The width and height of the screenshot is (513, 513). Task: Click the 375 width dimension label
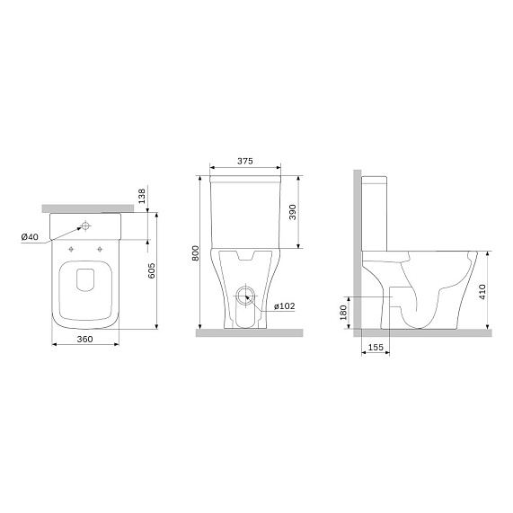245,161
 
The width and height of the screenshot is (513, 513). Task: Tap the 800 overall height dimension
195,252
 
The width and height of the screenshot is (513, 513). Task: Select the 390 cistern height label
293,212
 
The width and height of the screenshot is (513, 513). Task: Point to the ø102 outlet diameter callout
284,305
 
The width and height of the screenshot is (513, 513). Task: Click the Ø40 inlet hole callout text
30,236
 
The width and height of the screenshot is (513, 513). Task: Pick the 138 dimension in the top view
142,196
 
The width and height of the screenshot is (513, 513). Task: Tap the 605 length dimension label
152,271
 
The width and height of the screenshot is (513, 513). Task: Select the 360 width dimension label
84,340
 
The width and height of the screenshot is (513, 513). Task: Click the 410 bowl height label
482,292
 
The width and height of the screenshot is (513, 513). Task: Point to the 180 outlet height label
343,313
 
